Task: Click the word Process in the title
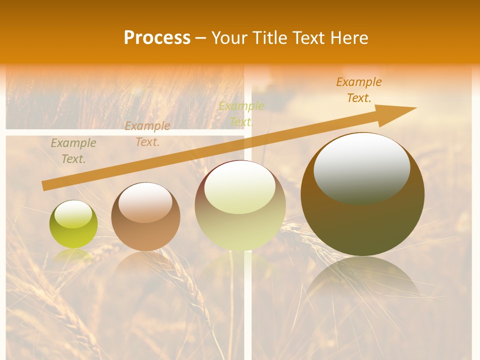[157, 38]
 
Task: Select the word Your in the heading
[228, 38]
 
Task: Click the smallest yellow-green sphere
[73, 224]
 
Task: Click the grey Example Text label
[73, 151]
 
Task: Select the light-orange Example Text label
[147, 134]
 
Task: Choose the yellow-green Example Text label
[241, 114]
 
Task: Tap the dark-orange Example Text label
[358, 90]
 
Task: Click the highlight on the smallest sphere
[73, 214]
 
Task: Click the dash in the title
[201, 38]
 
